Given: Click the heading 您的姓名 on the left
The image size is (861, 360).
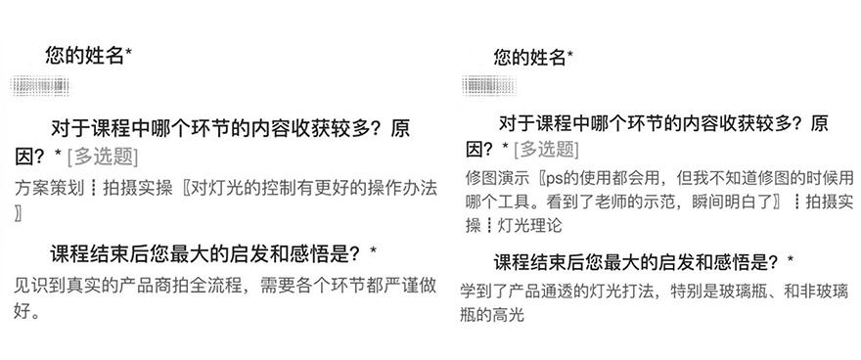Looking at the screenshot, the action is point(84,56).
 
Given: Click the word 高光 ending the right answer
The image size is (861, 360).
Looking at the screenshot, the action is point(509,315).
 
